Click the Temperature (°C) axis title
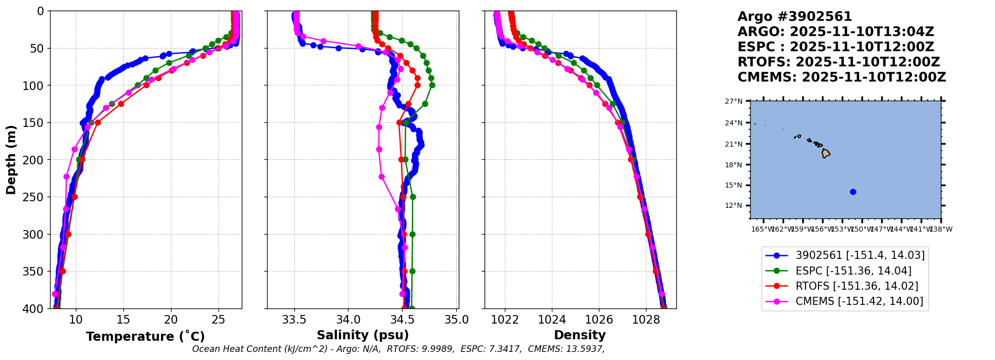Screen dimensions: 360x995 [145, 336]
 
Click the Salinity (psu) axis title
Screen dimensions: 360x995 [362, 335]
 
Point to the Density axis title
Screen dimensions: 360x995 [580, 335]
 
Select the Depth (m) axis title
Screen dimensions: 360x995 [11, 159]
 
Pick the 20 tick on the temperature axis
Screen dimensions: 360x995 [171, 320]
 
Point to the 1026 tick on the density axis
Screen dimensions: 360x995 [599, 320]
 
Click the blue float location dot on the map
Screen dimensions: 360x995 [853, 192]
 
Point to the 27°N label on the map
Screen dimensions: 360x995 [733, 101]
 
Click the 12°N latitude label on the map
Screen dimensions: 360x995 [733, 206]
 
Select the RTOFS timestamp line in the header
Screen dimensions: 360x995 [839, 62]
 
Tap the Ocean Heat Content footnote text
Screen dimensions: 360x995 [398, 349]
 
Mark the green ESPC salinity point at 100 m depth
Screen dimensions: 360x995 [432, 85]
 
